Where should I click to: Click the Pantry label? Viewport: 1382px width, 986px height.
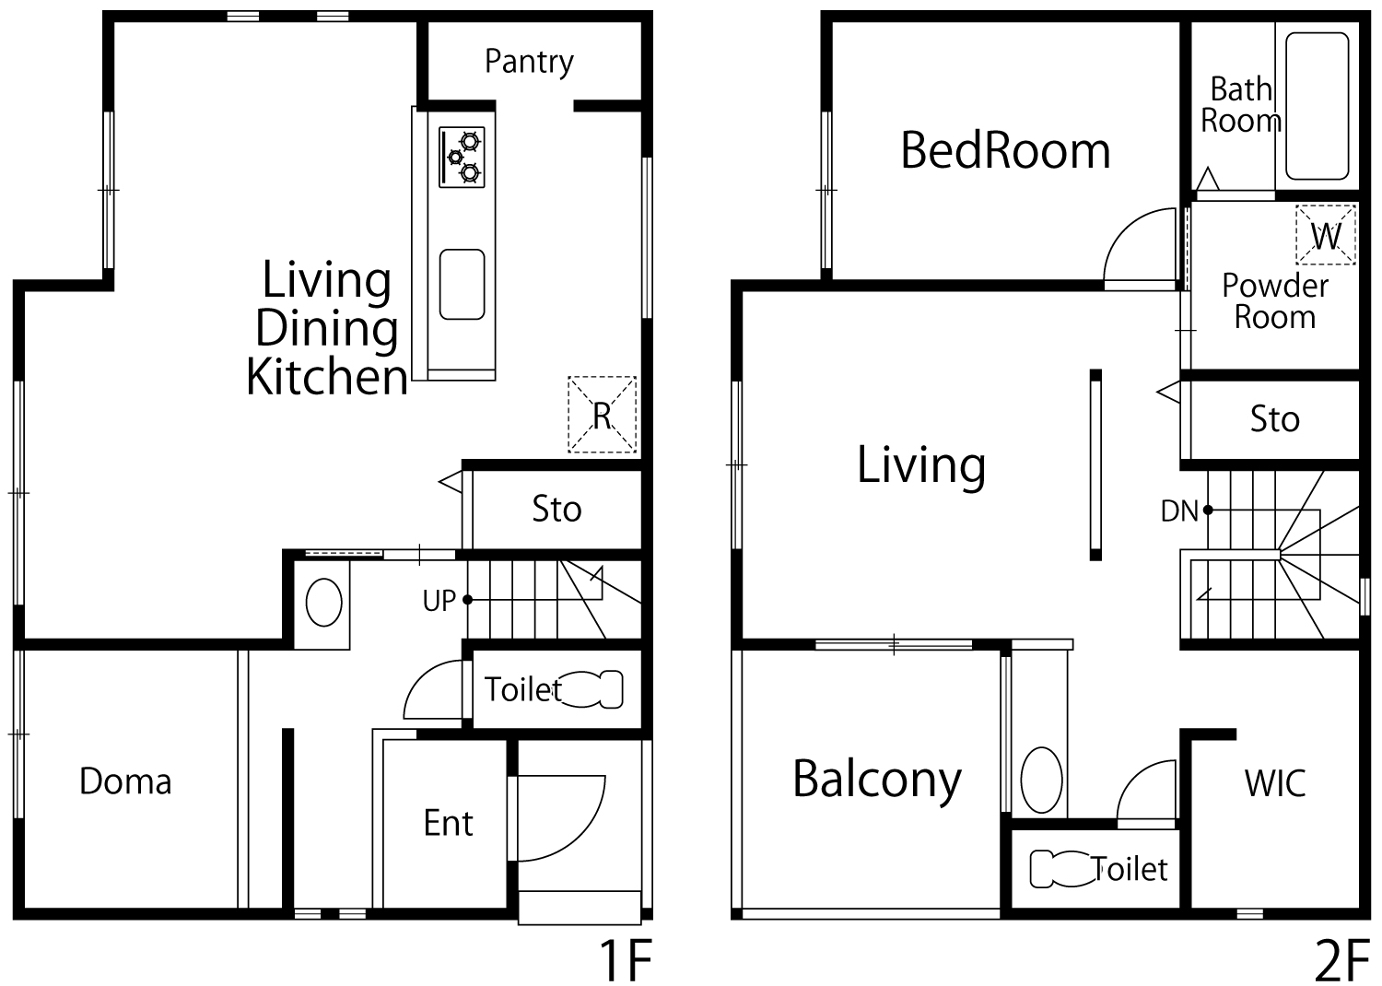[529, 62]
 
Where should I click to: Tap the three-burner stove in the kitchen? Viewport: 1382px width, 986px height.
[462, 157]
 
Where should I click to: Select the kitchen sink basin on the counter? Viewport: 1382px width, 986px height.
[462, 284]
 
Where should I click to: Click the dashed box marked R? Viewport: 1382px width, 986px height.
[602, 414]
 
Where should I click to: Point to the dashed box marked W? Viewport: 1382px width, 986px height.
[1325, 234]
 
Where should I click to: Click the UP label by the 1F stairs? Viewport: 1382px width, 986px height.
[439, 601]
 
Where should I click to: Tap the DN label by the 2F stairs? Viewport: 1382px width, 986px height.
[1179, 511]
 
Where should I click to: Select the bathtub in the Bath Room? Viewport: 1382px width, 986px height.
[1317, 106]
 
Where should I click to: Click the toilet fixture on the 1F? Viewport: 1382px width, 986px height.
[592, 688]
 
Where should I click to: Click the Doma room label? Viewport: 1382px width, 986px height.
[125, 781]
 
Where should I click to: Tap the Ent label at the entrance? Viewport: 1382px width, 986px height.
[448, 823]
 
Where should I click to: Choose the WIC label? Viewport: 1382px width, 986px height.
[1274, 783]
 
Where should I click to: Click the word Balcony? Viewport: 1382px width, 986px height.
[877, 781]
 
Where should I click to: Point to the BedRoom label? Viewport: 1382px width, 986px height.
[1005, 150]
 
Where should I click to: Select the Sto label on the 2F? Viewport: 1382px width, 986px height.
[1274, 419]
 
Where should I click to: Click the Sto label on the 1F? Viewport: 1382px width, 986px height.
[556, 509]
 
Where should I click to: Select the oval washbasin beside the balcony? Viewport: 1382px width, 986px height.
[1041, 780]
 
